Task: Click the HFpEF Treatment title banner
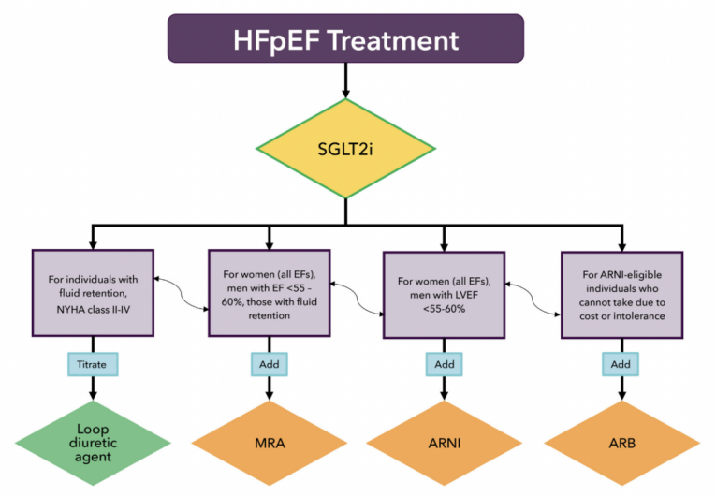coord(347,40)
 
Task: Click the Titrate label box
coord(92,361)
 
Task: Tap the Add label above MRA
coord(270,361)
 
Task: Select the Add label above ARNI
coord(446,361)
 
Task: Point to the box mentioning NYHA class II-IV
coord(92,292)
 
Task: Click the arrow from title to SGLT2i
coord(347,82)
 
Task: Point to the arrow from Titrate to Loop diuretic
coord(92,386)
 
